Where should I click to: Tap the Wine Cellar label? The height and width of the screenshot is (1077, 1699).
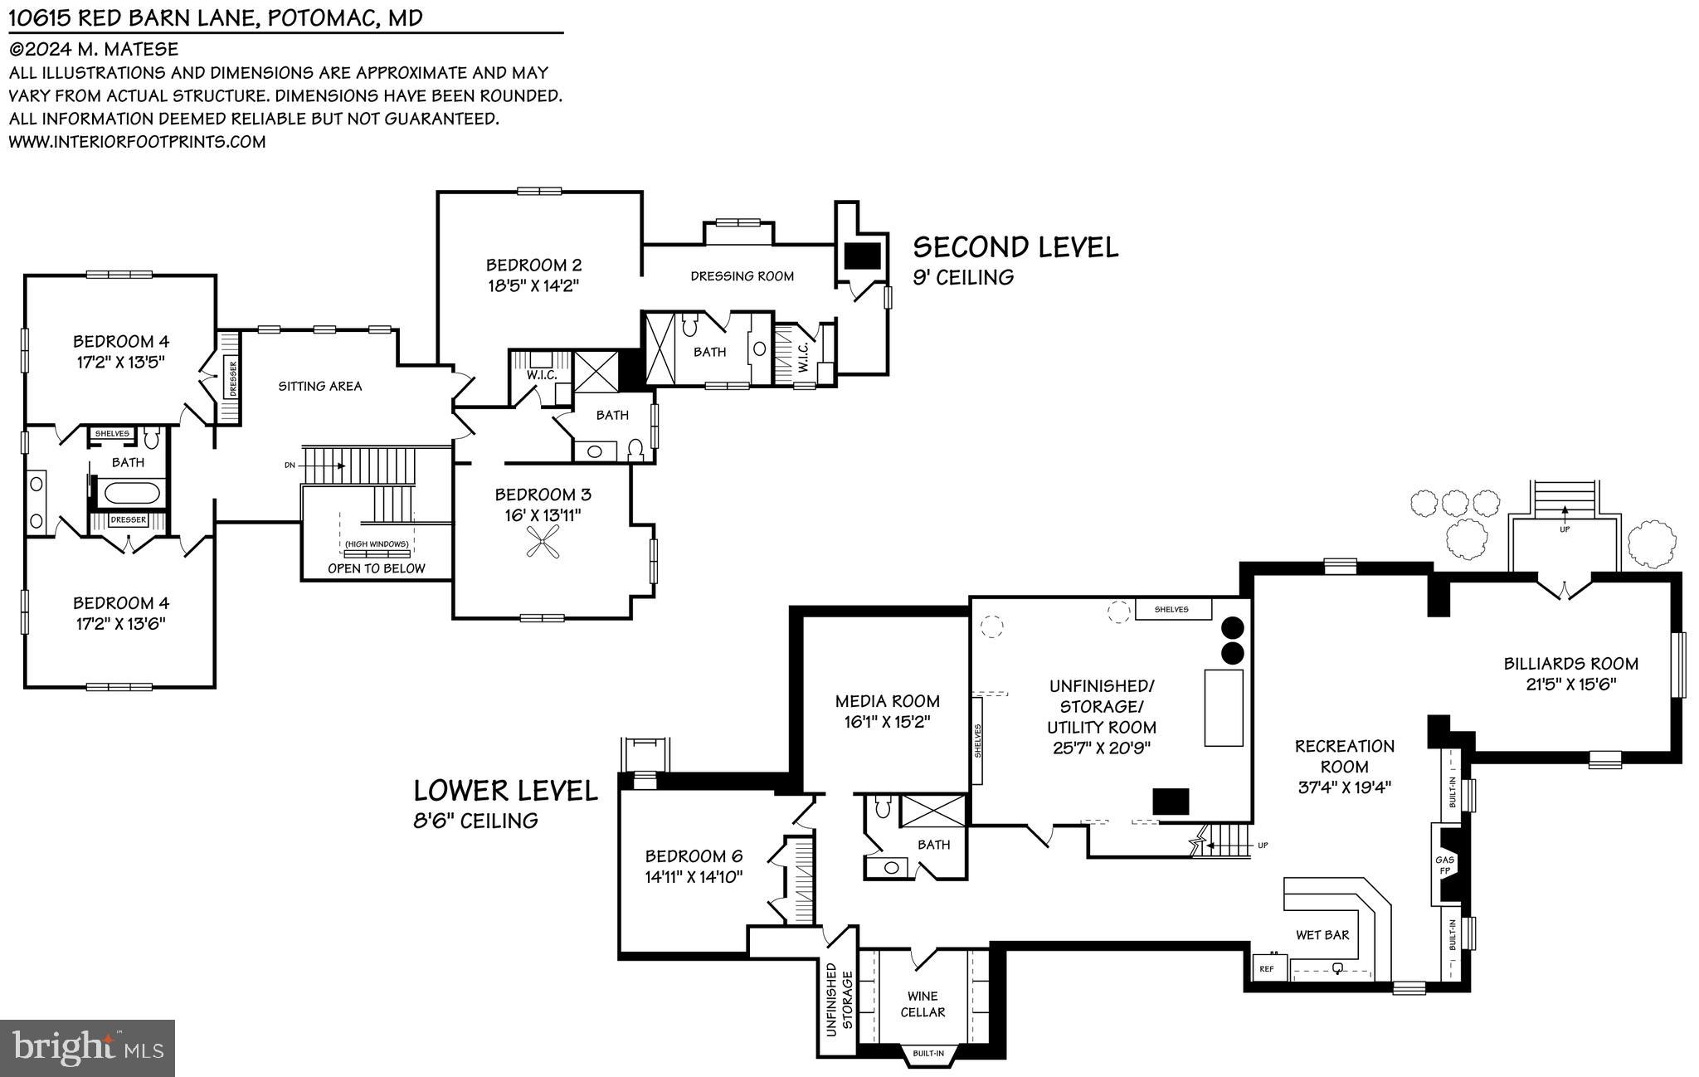coord(923,1004)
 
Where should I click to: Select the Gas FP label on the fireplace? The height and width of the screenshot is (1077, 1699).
coord(1444,865)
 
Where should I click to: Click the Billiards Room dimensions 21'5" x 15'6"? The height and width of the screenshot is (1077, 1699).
coord(1570,685)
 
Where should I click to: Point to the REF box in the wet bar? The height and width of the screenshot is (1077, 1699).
coord(1267,968)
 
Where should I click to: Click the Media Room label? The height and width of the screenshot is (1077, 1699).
coord(887,701)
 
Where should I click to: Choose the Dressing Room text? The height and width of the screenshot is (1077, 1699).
coord(742,276)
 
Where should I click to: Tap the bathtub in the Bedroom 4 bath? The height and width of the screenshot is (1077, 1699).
coord(130,493)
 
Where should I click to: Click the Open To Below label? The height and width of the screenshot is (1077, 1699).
coord(376,568)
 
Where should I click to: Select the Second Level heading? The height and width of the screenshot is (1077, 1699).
coord(1015,247)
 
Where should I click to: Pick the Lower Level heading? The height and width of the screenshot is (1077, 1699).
coord(505,790)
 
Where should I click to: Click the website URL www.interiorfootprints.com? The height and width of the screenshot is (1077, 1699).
coord(137,142)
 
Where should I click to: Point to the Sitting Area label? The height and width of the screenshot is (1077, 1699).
coord(319,386)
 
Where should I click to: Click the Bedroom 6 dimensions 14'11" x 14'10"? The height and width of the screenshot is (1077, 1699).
coord(694,876)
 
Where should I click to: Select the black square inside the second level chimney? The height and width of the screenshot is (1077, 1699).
coord(861,255)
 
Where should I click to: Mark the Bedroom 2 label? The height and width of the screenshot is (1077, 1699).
coord(533,266)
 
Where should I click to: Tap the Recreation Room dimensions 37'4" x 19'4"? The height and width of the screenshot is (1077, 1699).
coord(1344,787)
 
